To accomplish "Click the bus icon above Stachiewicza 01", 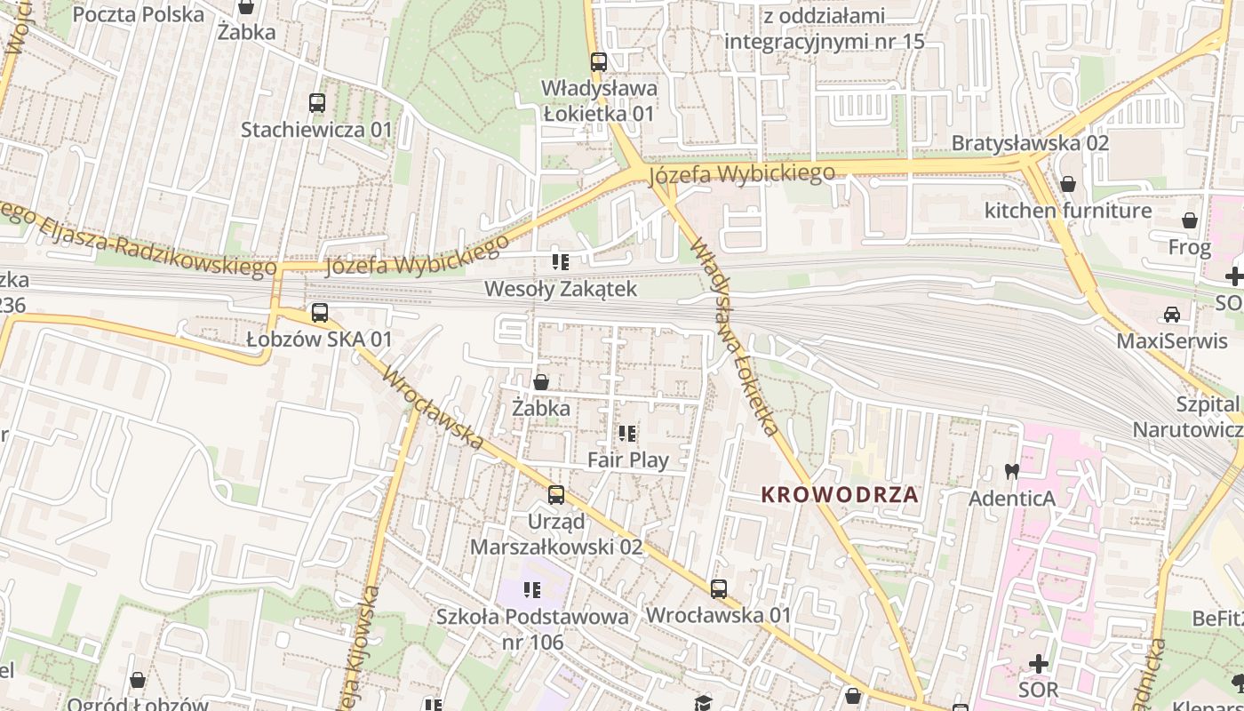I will [x=317, y=102].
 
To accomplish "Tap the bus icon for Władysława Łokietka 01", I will [x=599, y=62].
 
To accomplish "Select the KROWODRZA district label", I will [x=839, y=495].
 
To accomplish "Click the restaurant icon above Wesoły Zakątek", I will [x=560, y=261].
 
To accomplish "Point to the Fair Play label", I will [x=627, y=459].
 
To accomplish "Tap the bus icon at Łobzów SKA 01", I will [x=320, y=313].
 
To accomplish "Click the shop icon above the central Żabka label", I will [x=540, y=382].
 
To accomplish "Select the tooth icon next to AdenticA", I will [x=1010, y=471].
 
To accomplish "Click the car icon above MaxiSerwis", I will [x=1172, y=314].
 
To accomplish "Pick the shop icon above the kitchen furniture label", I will [x=1067, y=184].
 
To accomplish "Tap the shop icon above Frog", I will [x=1189, y=220].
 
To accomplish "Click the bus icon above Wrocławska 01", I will [x=718, y=588].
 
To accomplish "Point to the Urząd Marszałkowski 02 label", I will [x=556, y=533].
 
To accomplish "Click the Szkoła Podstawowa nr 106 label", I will [x=531, y=628].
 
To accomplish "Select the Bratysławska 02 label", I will [x=1029, y=142].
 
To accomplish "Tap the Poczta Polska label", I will [x=138, y=14].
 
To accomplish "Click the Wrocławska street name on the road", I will [x=433, y=408].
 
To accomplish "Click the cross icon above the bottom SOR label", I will [x=1038, y=663].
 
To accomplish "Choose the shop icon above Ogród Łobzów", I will [x=138, y=680].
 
